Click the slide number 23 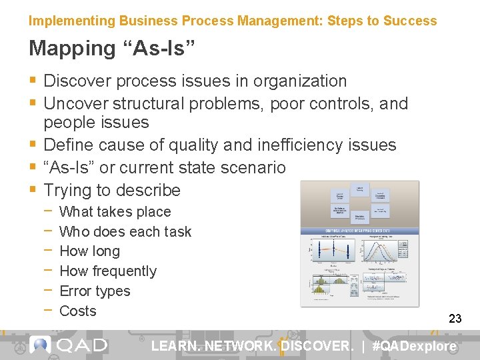click(x=455, y=319)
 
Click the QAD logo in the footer click(x=69, y=345)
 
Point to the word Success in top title click(x=411, y=21)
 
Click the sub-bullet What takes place click(x=115, y=212)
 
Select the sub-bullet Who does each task click(x=125, y=232)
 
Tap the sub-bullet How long click(x=89, y=251)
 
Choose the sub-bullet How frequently click(x=108, y=271)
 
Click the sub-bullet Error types click(x=95, y=291)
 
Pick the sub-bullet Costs click(x=78, y=311)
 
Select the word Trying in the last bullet click(x=68, y=191)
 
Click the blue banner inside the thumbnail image click(x=359, y=231)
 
